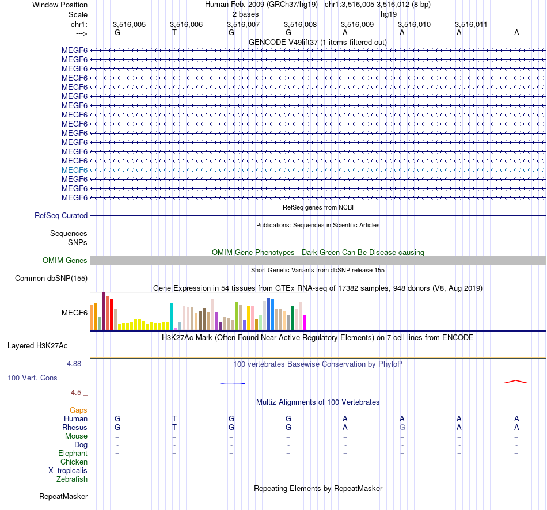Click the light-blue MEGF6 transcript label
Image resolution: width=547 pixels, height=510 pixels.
click(74, 170)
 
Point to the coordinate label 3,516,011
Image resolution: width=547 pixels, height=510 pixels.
click(471, 24)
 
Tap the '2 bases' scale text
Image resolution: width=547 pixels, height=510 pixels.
click(246, 13)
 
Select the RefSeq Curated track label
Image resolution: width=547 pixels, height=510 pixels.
click(61, 216)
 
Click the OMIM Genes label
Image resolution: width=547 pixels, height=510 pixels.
click(65, 261)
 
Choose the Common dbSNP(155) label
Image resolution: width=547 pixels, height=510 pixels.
click(51, 279)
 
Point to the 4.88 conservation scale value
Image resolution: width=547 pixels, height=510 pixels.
click(75, 364)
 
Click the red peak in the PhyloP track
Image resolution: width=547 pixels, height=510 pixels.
click(516, 381)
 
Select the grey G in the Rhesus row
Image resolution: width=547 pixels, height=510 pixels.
click(402, 428)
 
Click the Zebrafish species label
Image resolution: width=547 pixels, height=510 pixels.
click(72, 479)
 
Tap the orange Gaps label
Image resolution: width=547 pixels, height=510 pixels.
click(78, 410)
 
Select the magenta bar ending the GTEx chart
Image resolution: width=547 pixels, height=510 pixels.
click(305, 322)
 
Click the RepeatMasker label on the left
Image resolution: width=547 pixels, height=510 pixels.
click(63, 496)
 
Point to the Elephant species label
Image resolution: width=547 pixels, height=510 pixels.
click(73, 454)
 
